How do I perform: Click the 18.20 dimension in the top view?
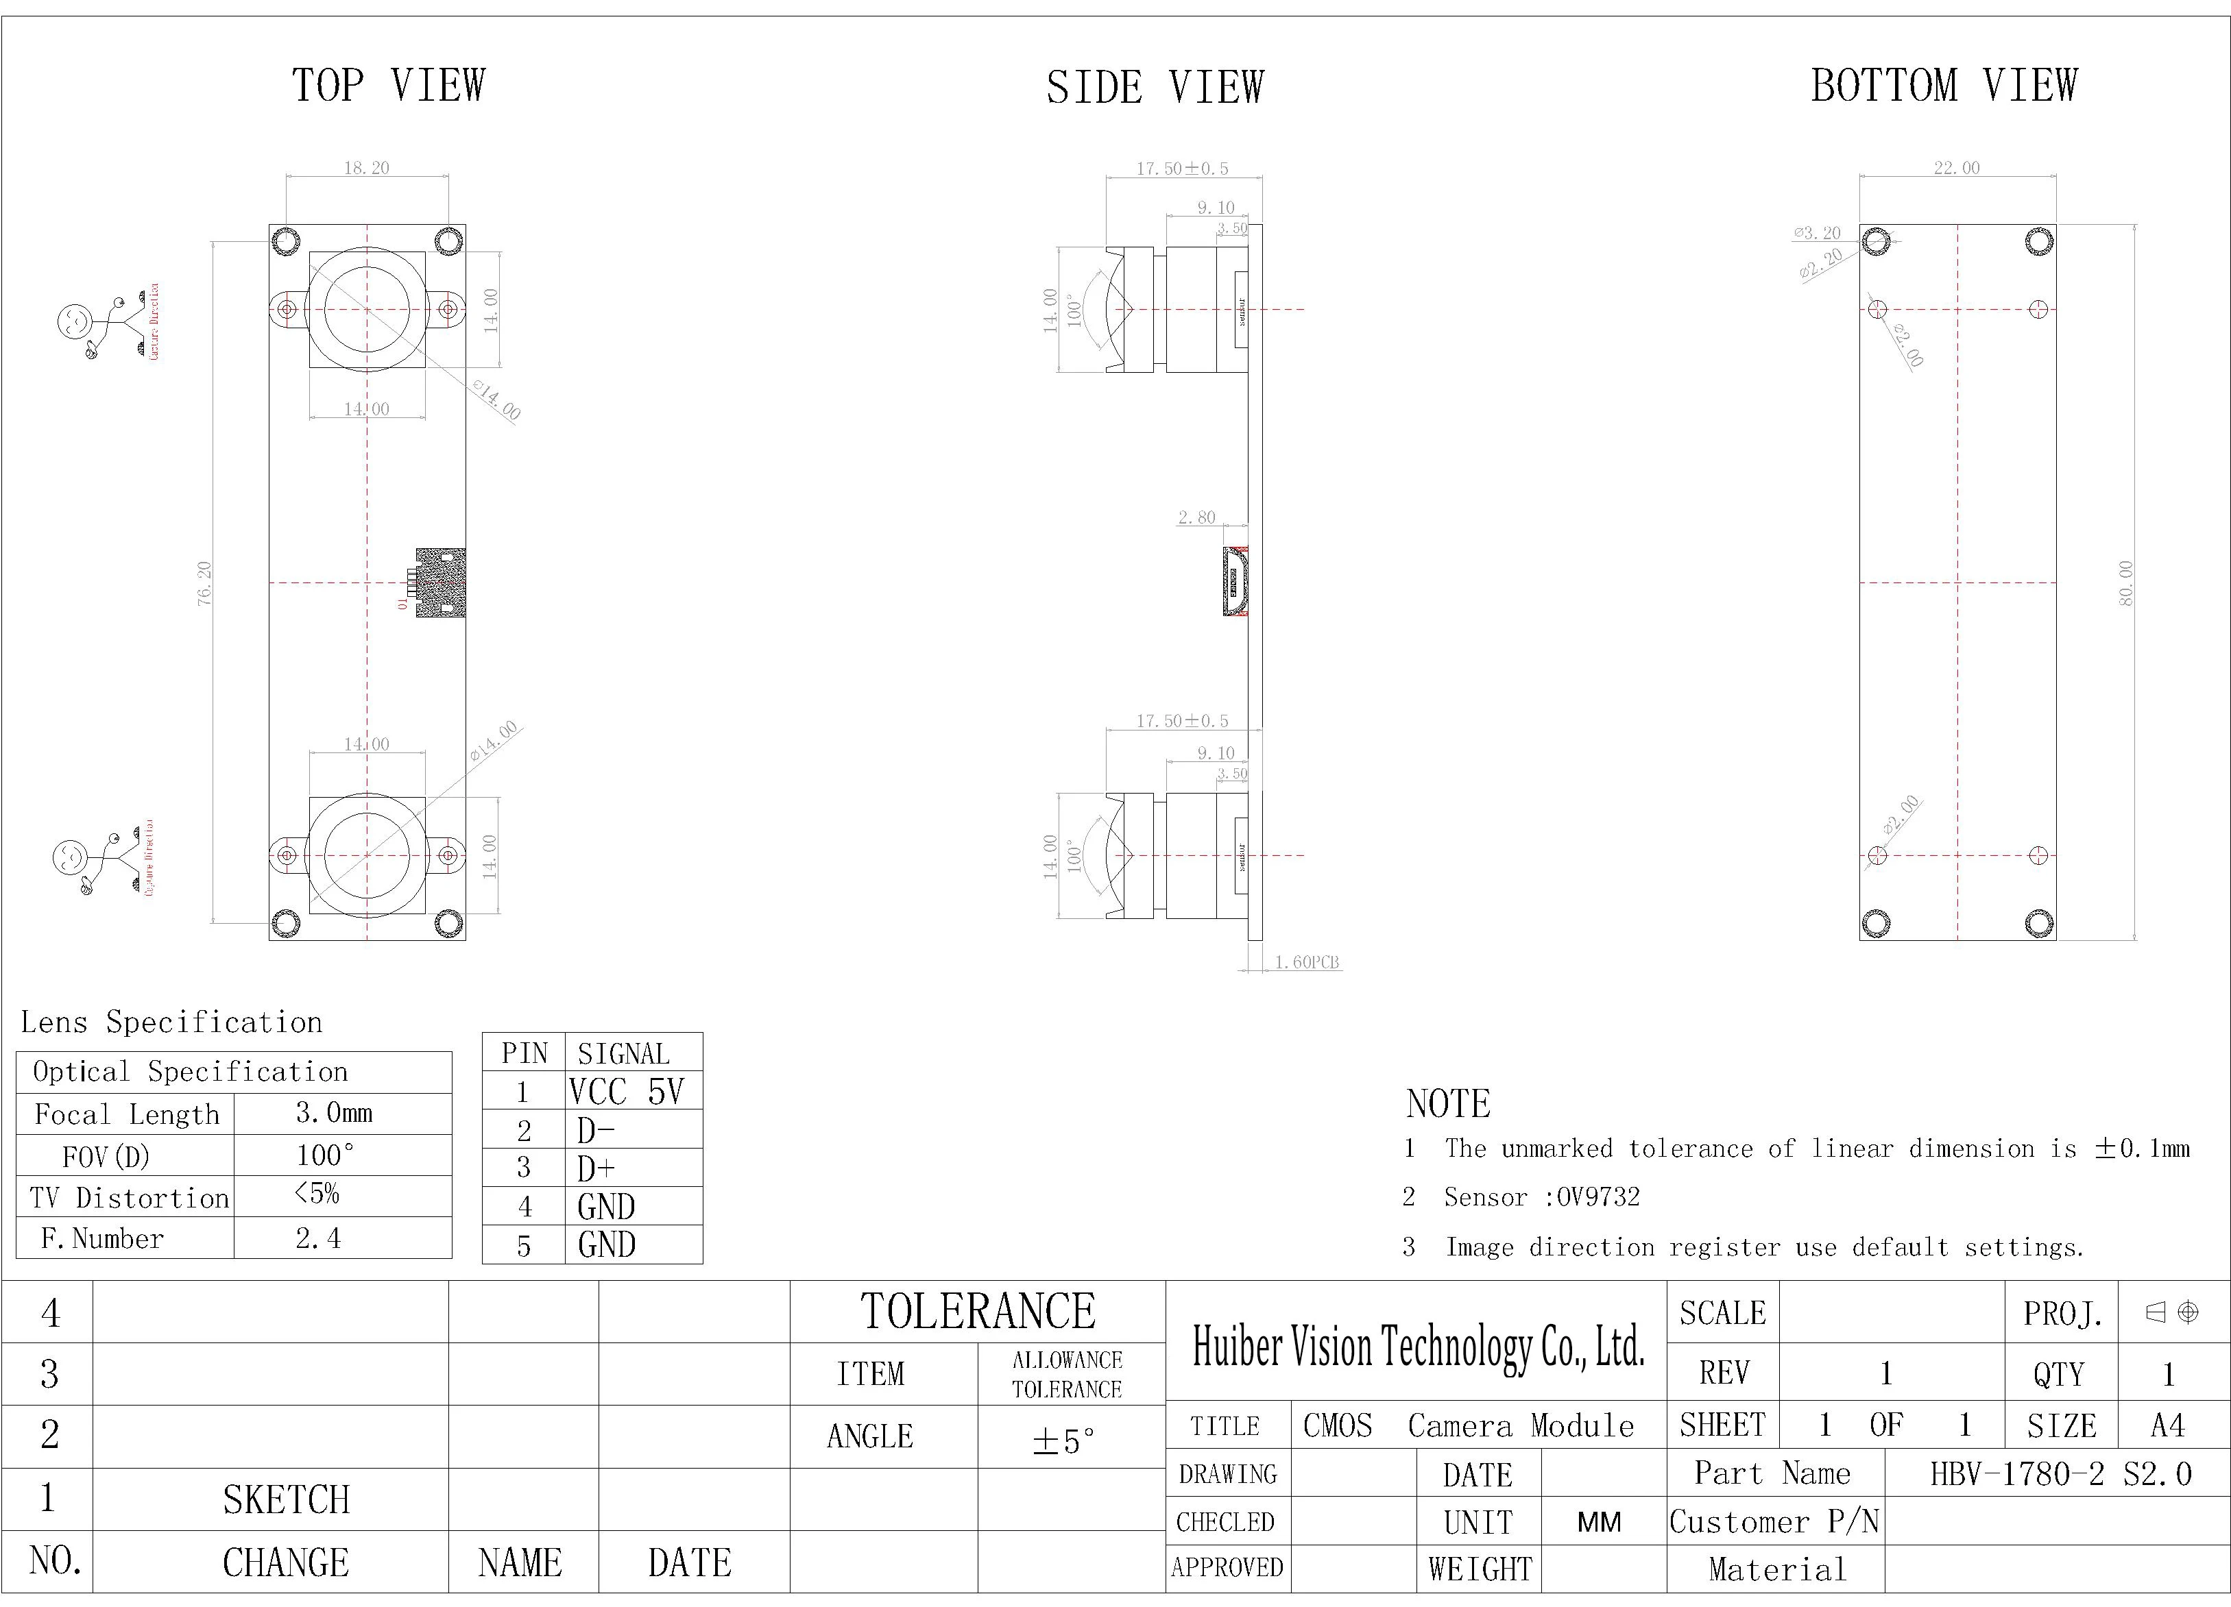366,168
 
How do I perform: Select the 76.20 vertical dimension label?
204,583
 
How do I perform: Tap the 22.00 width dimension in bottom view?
1957,168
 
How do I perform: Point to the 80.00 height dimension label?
2125,583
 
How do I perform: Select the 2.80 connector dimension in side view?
1196,517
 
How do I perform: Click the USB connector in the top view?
439,582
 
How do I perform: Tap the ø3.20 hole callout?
1817,233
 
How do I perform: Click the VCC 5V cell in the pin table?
625,1092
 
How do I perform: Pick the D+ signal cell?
596,1168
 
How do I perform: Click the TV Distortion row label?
129,1198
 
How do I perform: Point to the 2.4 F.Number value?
317,1238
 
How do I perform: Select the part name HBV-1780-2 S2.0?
2060,1473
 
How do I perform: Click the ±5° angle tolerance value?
1063,1440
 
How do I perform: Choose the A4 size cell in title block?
2167,1425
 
